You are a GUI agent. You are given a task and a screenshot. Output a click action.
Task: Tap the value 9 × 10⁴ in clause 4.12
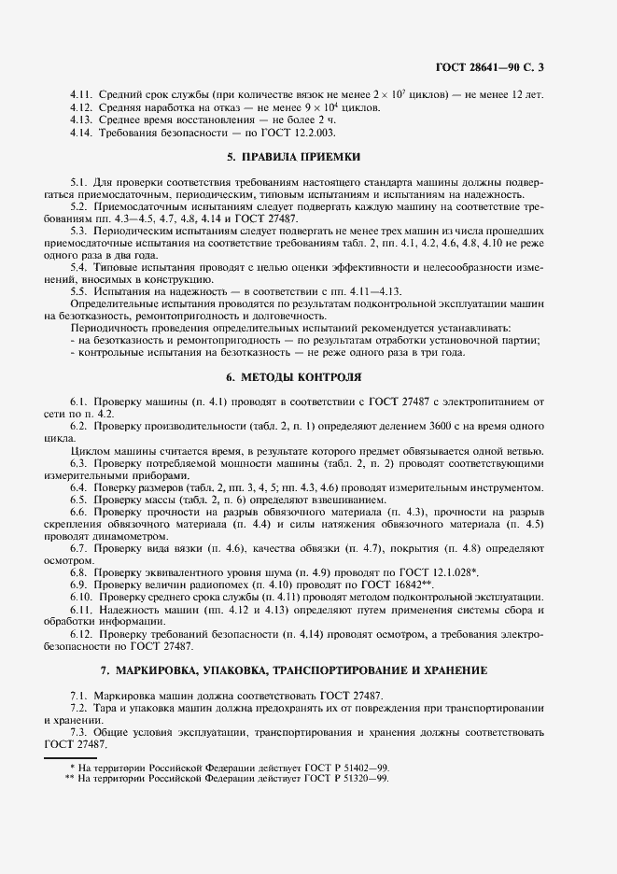click(310, 107)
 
